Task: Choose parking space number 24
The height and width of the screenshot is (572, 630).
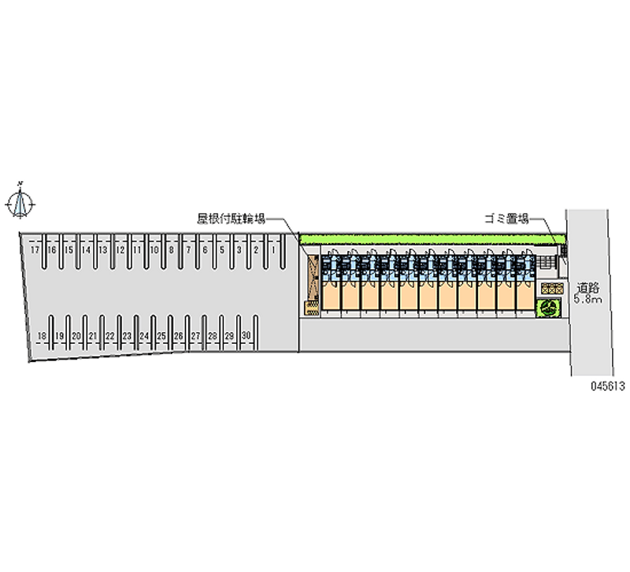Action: tap(144, 336)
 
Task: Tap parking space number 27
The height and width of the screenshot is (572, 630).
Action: tap(195, 336)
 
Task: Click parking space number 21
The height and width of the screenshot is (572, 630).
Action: tap(93, 336)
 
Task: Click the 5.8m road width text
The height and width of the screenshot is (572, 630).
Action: tap(587, 300)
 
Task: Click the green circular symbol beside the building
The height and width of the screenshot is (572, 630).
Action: tap(547, 308)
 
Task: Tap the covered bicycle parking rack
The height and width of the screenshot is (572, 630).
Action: tap(312, 282)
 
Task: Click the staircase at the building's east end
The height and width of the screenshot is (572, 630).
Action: tap(547, 264)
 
